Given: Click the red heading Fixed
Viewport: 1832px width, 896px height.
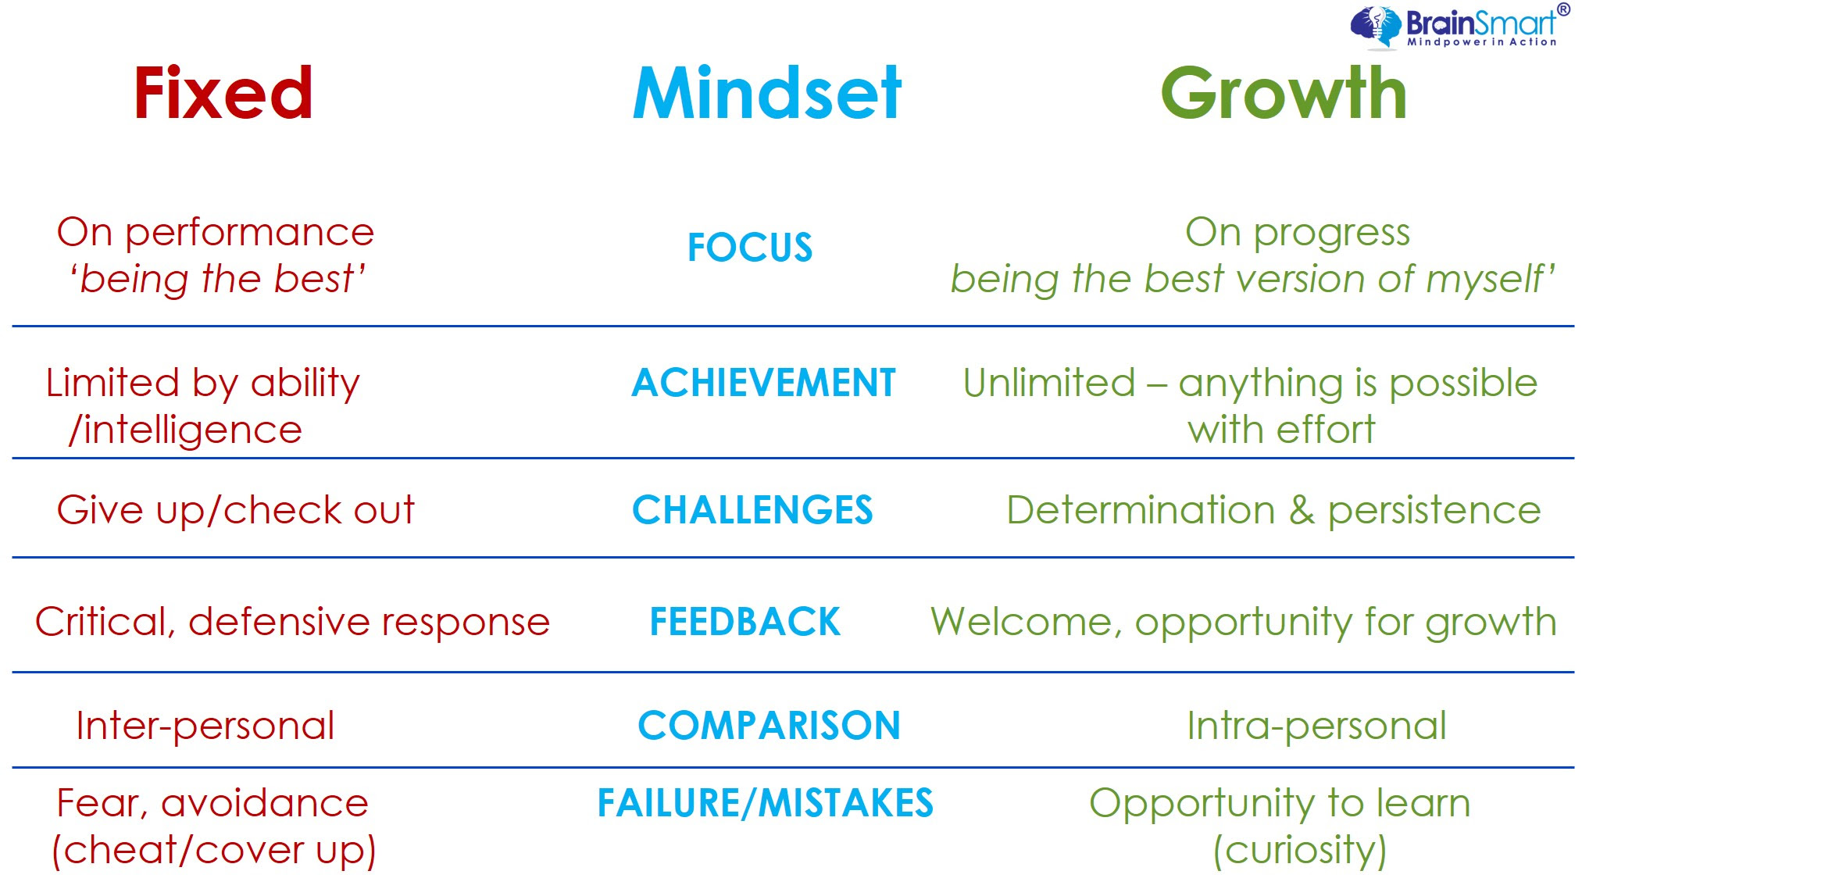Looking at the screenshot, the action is (223, 93).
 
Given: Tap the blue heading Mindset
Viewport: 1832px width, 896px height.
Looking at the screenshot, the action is (767, 93).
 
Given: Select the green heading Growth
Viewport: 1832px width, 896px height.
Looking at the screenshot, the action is (1284, 93).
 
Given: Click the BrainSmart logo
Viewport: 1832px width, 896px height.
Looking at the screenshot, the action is (1459, 26).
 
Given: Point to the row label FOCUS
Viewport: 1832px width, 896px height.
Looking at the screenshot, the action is (750, 248).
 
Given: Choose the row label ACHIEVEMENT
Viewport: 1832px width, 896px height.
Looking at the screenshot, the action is (763, 383).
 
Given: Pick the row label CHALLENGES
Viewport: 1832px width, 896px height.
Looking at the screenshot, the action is (752, 510).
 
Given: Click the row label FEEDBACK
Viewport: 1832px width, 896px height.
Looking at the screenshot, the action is (745, 622).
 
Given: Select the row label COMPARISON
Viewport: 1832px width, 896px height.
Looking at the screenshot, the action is (769, 726).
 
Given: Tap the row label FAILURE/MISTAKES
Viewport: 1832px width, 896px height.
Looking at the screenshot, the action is (766, 803).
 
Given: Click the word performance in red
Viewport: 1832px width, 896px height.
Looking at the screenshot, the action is (250, 234).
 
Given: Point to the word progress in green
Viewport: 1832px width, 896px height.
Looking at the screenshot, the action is (1332, 234).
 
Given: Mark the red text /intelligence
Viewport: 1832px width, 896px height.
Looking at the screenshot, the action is (185, 430).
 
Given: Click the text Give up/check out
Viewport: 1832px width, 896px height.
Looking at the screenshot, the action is (236, 511).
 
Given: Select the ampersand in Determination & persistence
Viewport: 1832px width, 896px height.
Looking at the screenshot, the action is (1302, 510).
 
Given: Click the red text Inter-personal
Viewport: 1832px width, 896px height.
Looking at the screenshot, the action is (205, 726).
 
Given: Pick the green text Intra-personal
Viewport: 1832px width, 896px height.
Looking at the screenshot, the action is (1316, 726).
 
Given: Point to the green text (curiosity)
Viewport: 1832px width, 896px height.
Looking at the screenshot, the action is (1300, 851).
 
